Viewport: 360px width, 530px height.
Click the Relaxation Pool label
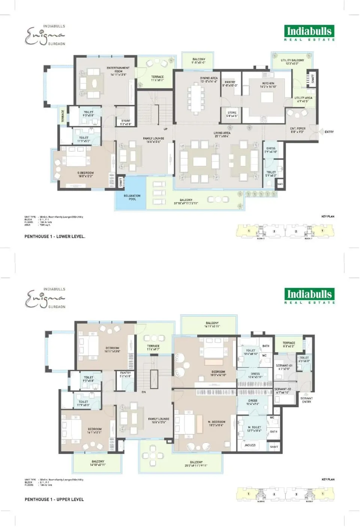[x=132, y=197]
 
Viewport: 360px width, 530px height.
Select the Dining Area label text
[x=208, y=80]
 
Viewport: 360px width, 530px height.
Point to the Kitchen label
[x=268, y=85]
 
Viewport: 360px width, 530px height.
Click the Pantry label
[x=230, y=84]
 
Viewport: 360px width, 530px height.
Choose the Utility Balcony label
[x=292, y=62]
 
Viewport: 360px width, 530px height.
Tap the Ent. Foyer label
[x=298, y=130]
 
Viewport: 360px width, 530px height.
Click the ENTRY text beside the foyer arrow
[x=329, y=132]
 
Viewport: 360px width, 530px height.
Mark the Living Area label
[x=222, y=134]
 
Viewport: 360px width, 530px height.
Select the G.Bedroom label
[x=85, y=175]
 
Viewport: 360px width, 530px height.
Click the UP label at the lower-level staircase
[x=165, y=129]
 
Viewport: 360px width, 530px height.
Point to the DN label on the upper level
[x=144, y=392]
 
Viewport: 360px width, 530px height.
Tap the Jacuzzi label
[x=250, y=445]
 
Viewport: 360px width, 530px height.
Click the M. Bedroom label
[x=216, y=423]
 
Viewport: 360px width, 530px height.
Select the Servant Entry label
[x=306, y=400]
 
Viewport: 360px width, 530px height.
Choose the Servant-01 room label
[x=284, y=367]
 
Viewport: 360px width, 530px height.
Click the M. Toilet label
[x=254, y=429]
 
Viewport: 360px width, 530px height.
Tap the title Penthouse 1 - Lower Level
[x=55, y=236]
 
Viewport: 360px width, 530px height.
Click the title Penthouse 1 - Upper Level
[x=54, y=499]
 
